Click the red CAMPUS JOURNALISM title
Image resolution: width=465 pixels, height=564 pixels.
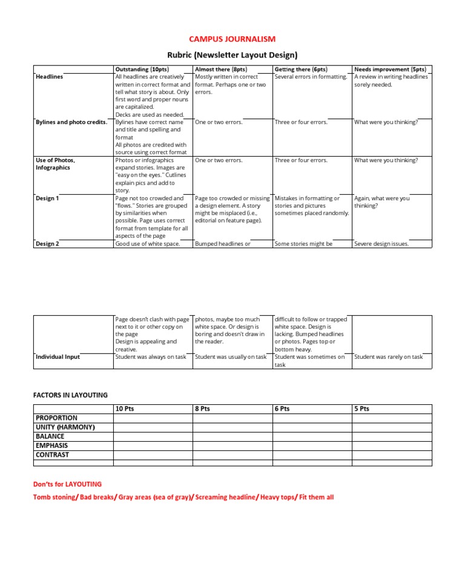(x=232, y=39)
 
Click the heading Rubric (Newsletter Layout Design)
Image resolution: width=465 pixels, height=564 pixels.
(x=232, y=55)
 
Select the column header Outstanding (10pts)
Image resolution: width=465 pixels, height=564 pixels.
(x=142, y=70)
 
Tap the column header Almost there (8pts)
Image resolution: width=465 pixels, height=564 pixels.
(x=221, y=70)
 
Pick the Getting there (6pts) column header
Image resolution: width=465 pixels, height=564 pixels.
(x=301, y=70)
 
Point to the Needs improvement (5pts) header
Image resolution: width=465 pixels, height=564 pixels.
(x=390, y=70)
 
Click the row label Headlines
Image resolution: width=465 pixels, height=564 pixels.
(x=49, y=77)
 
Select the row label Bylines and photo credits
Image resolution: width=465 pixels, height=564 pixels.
(x=71, y=122)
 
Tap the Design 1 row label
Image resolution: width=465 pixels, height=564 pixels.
(x=47, y=198)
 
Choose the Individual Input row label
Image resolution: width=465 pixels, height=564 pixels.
(x=58, y=357)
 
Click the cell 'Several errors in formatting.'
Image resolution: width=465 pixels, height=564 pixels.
(x=311, y=77)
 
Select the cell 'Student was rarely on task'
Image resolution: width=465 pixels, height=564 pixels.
(x=388, y=357)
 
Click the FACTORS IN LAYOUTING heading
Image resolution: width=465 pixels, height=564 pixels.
(x=70, y=395)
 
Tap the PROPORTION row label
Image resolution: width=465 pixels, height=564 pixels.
(x=56, y=418)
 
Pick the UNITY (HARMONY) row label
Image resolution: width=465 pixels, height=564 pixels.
(x=65, y=427)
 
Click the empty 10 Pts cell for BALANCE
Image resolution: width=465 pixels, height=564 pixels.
(x=153, y=436)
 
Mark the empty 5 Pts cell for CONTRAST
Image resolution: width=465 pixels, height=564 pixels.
(x=392, y=455)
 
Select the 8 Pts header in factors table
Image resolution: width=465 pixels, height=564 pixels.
(x=202, y=409)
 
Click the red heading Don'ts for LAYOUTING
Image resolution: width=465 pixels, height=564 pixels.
(x=67, y=484)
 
